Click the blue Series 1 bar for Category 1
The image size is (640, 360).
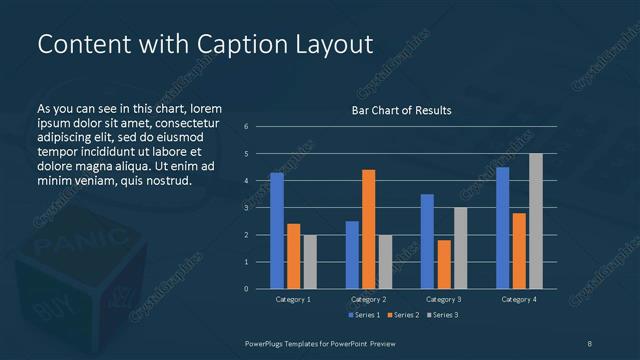(277, 231)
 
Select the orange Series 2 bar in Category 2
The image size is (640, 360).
(368, 229)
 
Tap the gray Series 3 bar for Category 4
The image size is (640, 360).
(535, 221)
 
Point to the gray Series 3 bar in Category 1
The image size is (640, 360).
(309, 262)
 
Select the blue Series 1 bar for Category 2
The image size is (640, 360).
(352, 255)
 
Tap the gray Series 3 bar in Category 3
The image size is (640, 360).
(460, 248)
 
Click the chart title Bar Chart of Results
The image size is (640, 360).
(401, 110)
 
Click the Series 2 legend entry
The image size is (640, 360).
(404, 315)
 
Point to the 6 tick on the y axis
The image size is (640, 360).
(247, 127)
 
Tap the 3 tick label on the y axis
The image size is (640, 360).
(247, 208)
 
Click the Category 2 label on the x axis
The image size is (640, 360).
(368, 299)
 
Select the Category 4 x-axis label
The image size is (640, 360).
(519, 299)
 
